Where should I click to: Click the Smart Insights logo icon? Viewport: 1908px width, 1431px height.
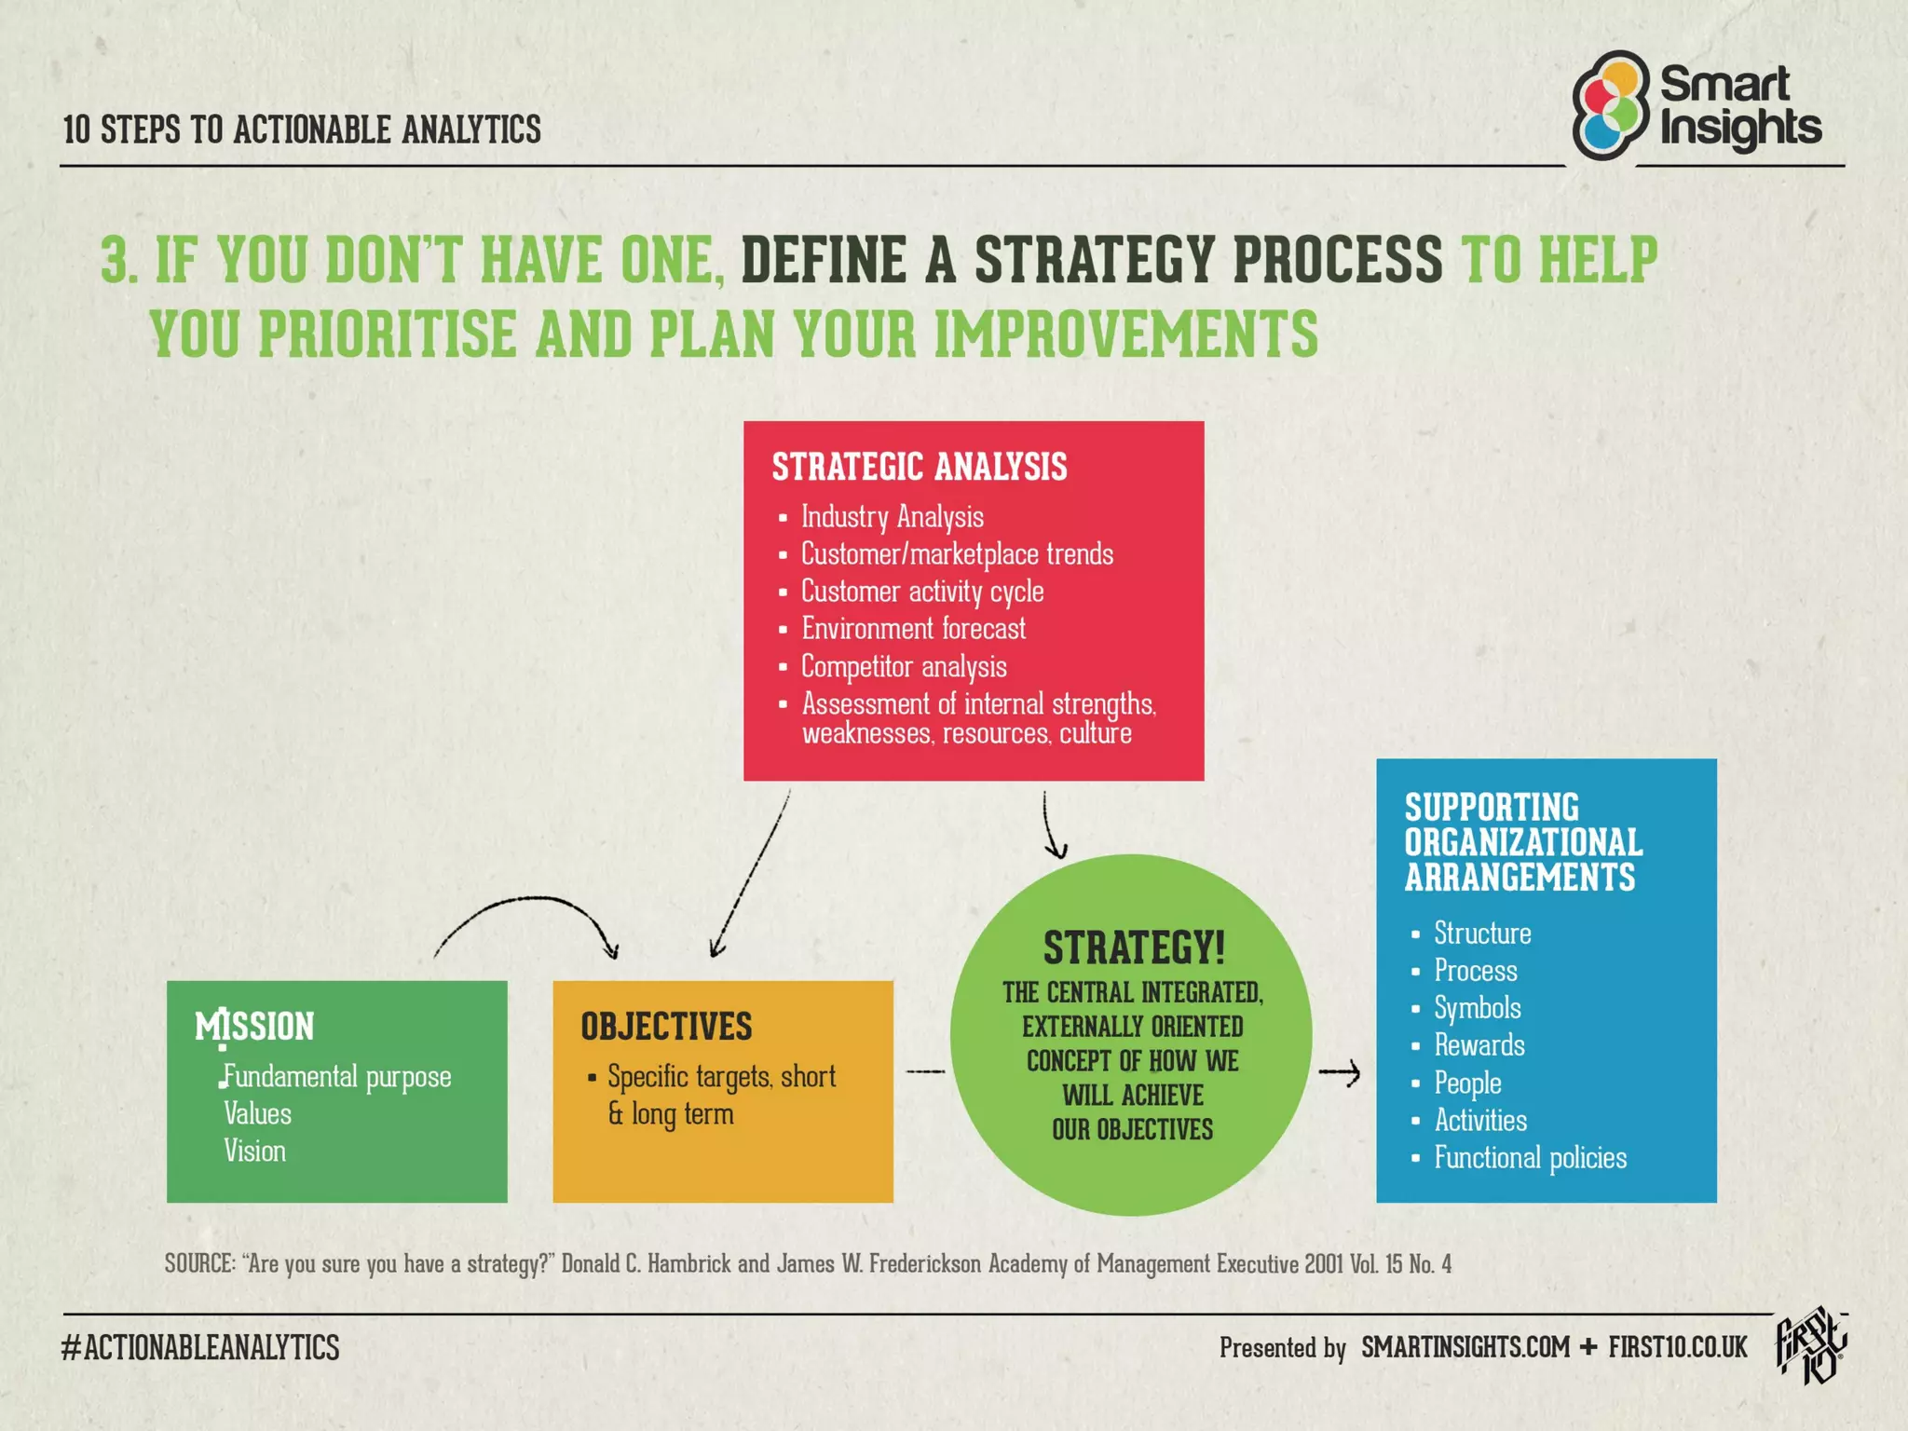(1610, 105)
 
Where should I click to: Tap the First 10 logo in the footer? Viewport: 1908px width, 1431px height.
(1810, 1345)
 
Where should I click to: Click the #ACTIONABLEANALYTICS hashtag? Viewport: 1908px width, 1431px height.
(200, 1347)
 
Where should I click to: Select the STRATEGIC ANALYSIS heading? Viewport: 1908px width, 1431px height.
(919, 467)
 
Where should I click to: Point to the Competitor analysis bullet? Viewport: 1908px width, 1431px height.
(903, 667)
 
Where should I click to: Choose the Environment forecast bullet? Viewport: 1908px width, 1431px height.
(913, 629)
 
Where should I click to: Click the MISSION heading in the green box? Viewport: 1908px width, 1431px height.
(254, 1026)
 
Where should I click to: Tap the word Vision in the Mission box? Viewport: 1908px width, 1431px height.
(254, 1152)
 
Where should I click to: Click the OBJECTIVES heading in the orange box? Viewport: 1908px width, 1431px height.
(666, 1026)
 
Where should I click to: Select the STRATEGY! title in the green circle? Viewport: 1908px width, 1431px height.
(1133, 948)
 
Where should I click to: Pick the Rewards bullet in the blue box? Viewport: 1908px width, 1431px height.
(1479, 1045)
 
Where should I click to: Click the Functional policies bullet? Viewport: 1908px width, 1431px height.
(1530, 1158)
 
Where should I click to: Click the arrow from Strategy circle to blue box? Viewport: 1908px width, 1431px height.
(1340, 1074)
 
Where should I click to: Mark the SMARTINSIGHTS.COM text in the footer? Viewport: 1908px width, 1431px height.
(1465, 1347)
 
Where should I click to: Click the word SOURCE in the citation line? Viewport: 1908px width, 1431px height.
(199, 1264)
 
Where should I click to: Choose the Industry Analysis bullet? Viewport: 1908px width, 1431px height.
(892, 517)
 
